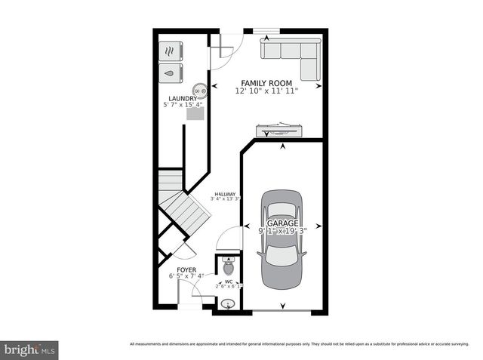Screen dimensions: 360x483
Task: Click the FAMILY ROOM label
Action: pyautogui.click(x=266, y=82)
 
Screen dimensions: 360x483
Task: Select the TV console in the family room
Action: pyautogui.click(x=280, y=129)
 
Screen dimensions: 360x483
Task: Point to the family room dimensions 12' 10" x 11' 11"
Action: pyautogui.click(x=266, y=91)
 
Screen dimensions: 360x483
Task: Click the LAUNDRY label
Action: pyautogui.click(x=183, y=98)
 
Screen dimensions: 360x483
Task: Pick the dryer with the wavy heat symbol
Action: pyautogui.click(x=171, y=51)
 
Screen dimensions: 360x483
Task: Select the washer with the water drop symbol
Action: pyautogui.click(x=171, y=73)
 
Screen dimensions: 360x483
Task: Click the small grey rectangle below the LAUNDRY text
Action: pyautogui.click(x=195, y=115)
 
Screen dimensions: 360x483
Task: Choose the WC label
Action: pyautogui.click(x=228, y=282)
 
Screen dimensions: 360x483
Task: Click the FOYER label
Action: pyautogui.click(x=186, y=269)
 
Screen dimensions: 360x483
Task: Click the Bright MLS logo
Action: pyautogui.click(x=29, y=350)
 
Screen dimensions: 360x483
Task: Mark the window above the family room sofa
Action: pyautogui.click(x=262, y=31)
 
